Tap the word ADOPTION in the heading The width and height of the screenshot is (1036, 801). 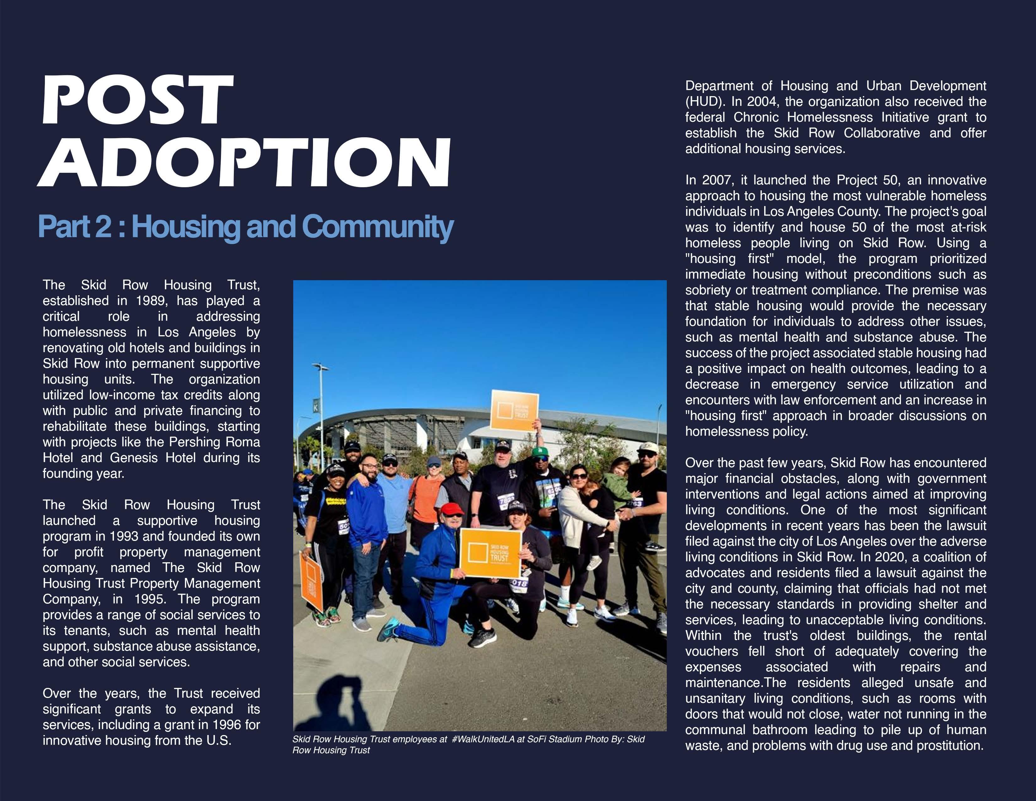[x=244, y=163]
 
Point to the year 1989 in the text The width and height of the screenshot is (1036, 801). [x=151, y=301]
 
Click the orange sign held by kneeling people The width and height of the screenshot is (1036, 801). [x=490, y=553]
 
